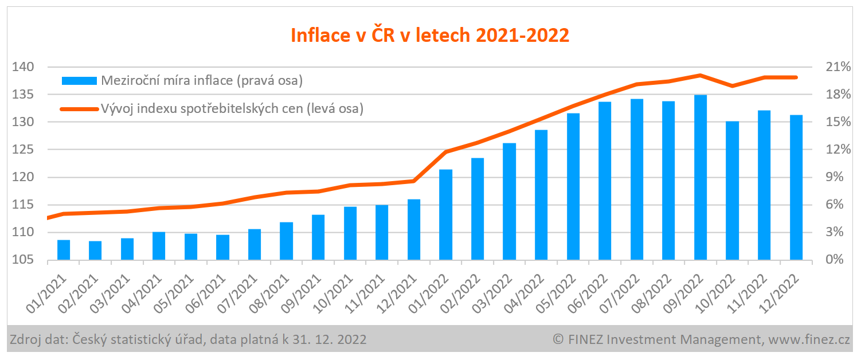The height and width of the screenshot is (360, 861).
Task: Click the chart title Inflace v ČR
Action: pyautogui.click(x=430, y=36)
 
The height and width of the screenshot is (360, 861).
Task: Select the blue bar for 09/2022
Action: pyautogui.click(x=700, y=177)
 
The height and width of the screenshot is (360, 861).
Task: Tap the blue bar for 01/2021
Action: pyautogui.click(x=64, y=250)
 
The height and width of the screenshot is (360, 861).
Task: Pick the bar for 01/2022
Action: pyautogui.click(x=446, y=214)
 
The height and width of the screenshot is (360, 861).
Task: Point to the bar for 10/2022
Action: pyautogui.click(x=732, y=190)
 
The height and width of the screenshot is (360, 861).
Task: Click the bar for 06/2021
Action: pyautogui.click(x=223, y=247)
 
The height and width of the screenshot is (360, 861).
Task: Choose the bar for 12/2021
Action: pyautogui.click(x=414, y=229)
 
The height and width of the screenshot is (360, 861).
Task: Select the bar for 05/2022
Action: pyautogui.click(x=573, y=186)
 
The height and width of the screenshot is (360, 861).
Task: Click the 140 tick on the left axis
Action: pyautogui.click(x=23, y=67)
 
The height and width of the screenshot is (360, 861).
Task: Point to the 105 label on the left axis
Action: pyautogui.click(x=23, y=260)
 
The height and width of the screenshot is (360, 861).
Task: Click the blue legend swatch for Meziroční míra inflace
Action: pyautogui.click(x=79, y=81)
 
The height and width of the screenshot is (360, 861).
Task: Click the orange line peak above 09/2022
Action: pyautogui.click(x=700, y=75)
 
